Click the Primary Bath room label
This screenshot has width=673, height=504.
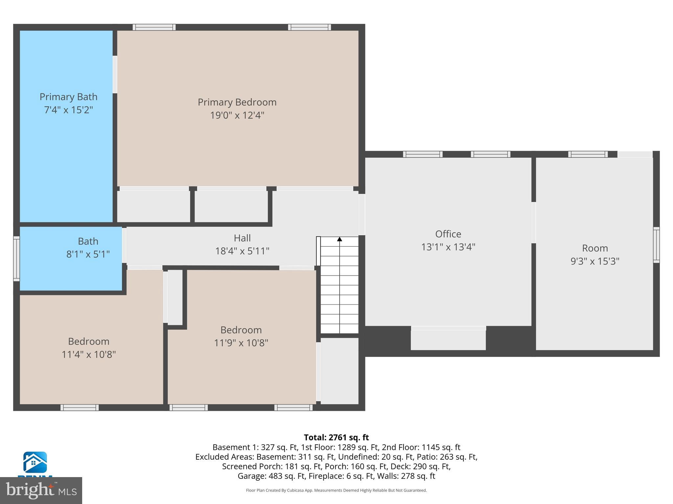(x=68, y=97)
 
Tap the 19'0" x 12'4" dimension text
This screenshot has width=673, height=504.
(x=237, y=115)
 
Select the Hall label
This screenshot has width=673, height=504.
(x=242, y=238)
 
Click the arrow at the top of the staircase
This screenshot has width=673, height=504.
(x=339, y=239)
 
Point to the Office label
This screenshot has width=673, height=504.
(x=448, y=234)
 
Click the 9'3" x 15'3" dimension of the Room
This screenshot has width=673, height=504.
(x=595, y=261)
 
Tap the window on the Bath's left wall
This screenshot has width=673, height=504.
(x=16, y=259)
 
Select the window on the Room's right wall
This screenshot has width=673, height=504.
(x=656, y=245)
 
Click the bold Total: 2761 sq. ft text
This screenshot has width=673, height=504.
(x=336, y=437)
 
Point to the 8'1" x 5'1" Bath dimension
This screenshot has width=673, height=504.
(x=88, y=254)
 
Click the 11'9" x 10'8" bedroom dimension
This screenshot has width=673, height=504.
(x=241, y=343)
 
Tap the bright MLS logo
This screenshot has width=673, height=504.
(x=41, y=491)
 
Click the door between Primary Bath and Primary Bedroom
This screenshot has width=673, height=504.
(x=115, y=74)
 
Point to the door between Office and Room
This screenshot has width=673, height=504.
(x=533, y=222)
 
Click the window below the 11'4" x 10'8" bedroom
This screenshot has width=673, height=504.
(x=80, y=408)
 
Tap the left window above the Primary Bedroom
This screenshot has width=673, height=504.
(x=154, y=27)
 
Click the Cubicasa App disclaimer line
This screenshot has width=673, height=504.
(x=336, y=490)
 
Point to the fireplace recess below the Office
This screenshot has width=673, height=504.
(x=448, y=339)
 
